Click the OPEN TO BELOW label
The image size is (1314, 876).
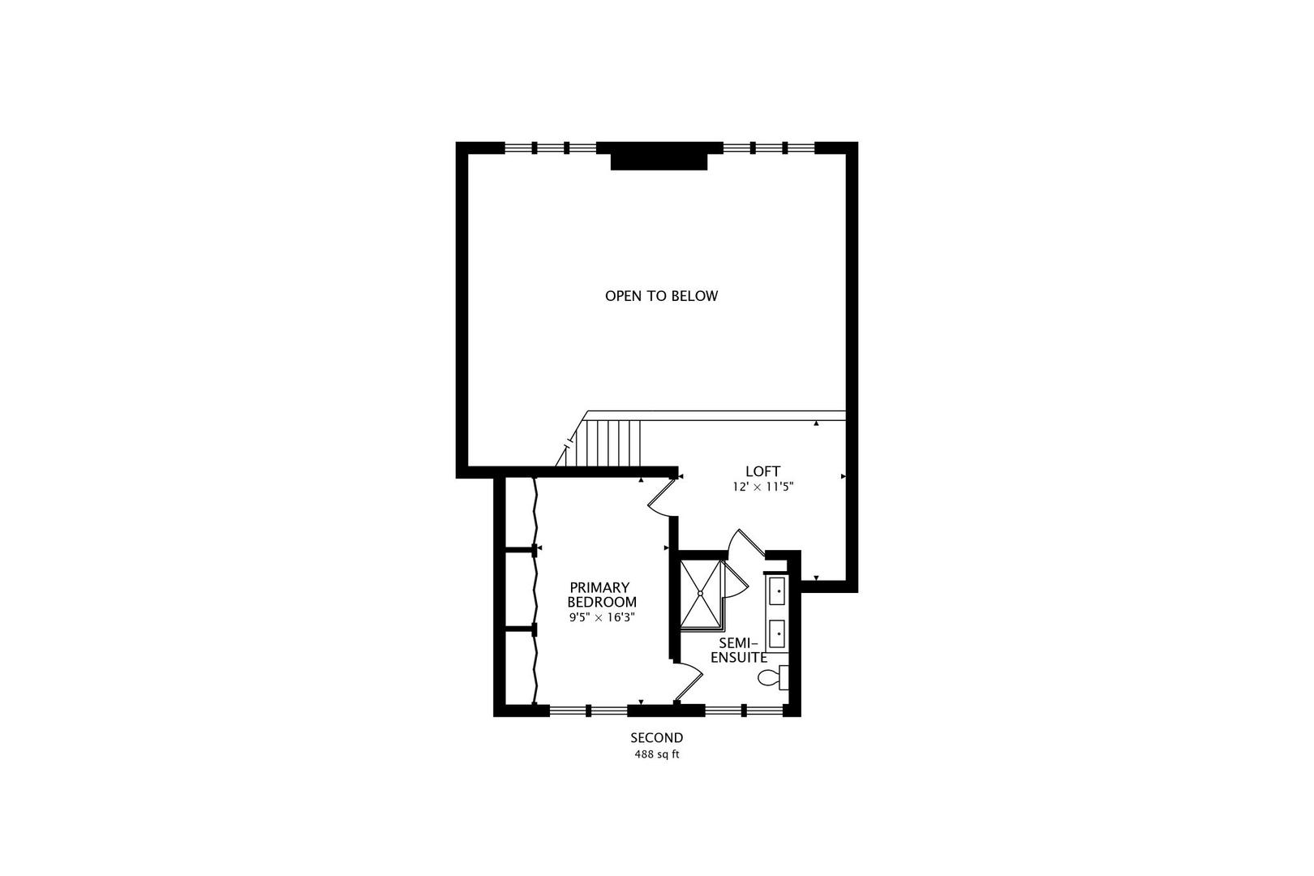tap(661, 296)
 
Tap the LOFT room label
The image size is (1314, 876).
tap(762, 471)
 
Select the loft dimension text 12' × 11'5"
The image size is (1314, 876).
tap(762, 487)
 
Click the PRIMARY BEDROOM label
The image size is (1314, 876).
tap(601, 595)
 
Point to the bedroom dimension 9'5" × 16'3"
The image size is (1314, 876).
tap(601, 617)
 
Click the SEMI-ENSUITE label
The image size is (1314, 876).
tap(739, 649)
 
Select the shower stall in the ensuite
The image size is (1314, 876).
tap(701, 594)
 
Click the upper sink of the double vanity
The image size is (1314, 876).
tap(777, 590)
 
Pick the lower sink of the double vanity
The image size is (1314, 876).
tap(777, 631)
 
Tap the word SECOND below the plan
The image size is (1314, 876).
tap(657, 738)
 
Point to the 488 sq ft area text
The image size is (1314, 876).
tap(657, 754)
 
